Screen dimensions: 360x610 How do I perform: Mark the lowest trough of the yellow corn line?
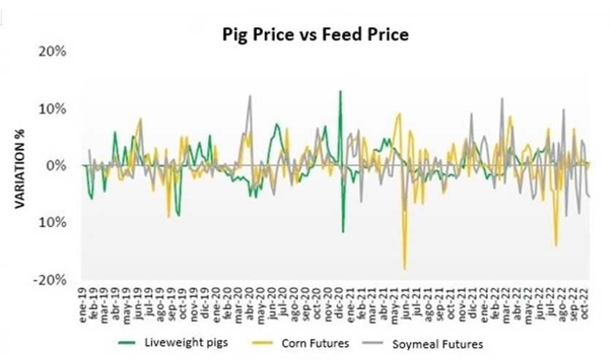click(x=405, y=269)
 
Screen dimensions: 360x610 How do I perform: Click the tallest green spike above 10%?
click(x=340, y=91)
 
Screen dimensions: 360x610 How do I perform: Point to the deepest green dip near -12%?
click(x=343, y=232)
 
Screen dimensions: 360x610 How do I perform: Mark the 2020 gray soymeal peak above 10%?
click(x=250, y=96)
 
